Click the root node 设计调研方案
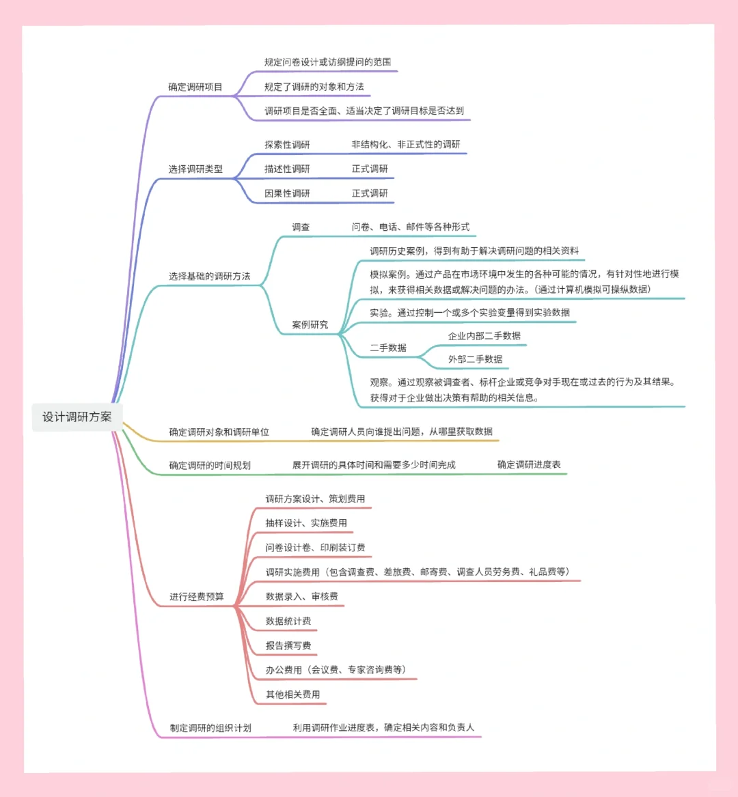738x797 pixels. pyautogui.click(x=77, y=417)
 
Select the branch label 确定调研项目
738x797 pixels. pyautogui.click(x=195, y=87)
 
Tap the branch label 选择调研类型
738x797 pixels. pyautogui.click(x=195, y=169)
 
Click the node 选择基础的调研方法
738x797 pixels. pyautogui.click(x=209, y=276)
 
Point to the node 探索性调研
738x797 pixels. pyautogui.click(x=287, y=144)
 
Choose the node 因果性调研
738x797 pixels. pyautogui.click(x=287, y=193)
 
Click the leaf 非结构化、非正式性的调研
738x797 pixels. pyautogui.click(x=406, y=144)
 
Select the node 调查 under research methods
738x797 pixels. pyautogui.click(x=301, y=227)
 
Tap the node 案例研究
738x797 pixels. pyautogui.click(x=310, y=324)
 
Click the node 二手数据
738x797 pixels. pyautogui.click(x=388, y=348)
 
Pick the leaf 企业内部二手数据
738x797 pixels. pyautogui.click(x=484, y=335)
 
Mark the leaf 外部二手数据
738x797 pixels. pyautogui.click(x=475, y=359)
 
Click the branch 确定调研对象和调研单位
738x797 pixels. pyautogui.click(x=219, y=432)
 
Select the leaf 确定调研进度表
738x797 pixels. pyautogui.click(x=529, y=464)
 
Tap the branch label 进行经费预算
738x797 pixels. pyautogui.click(x=196, y=596)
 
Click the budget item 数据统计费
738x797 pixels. pyautogui.click(x=288, y=621)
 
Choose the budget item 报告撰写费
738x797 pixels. pyautogui.click(x=288, y=645)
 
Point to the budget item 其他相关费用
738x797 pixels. pyautogui.click(x=292, y=695)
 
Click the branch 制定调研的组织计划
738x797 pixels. pyautogui.click(x=210, y=727)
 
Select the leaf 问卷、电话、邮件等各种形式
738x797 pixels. pyautogui.click(x=411, y=227)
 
